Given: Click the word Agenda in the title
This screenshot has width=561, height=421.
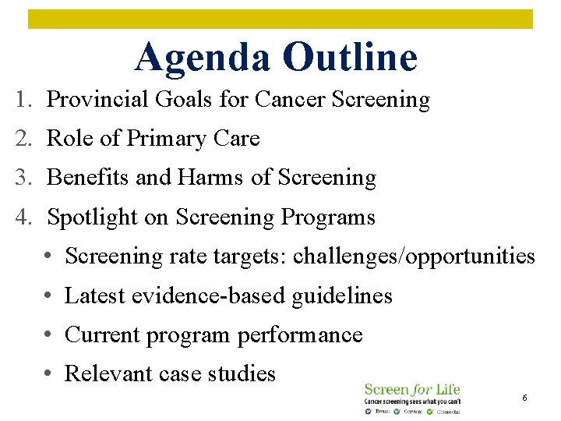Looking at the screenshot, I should pyautogui.click(x=203, y=57).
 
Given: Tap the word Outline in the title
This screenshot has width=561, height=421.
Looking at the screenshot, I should pyautogui.click(x=350, y=57).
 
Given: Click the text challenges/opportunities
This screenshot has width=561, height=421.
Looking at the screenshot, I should pyautogui.click(x=414, y=256).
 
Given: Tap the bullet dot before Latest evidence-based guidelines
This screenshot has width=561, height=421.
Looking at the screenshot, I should pyautogui.click(x=48, y=296).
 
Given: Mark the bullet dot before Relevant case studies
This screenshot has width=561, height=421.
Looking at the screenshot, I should pyautogui.click(x=48, y=374).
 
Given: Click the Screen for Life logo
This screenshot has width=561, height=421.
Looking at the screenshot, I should pyautogui.click(x=412, y=398).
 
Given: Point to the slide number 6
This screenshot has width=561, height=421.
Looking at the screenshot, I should pyautogui.click(x=524, y=398).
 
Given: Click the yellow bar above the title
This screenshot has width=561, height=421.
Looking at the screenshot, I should pyautogui.click(x=280, y=19).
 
